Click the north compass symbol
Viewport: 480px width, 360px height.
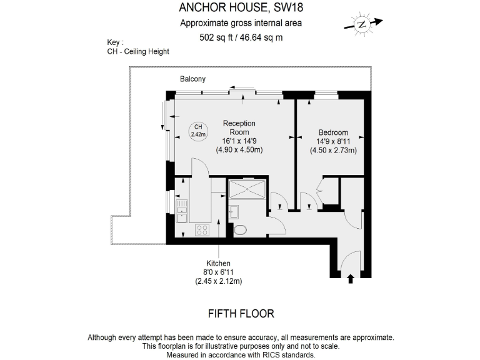pyautogui.click(x=361, y=24)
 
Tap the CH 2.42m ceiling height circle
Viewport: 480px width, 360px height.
pyautogui.click(x=198, y=130)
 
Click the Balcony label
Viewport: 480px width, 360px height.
pyautogui.click(x=192, y=79)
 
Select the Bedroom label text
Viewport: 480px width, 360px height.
pyautogui.click(x=333, y=132)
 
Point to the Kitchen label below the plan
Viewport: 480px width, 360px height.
pyautogui.click(x=219, y=263)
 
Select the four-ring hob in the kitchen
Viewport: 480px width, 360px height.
pyautogui.click(x=202, y=229)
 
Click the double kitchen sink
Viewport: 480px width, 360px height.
pyautogui.click(x=182, y=211)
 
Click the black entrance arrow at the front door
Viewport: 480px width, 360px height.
pyautogui.click(x=350, y=279)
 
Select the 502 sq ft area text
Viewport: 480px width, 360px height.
pyautogui.click(x=241, y=37)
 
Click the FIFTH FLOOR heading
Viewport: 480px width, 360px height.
pyautogui.click(x=241, y=313)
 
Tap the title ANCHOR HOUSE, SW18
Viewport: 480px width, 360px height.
pyautogui.click(x=241, y=8)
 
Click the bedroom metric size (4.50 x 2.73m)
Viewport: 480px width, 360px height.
pyautogui.click(x=333, y=150)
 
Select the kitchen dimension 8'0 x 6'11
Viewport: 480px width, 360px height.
pyautogui.click(x=219, y=272)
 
